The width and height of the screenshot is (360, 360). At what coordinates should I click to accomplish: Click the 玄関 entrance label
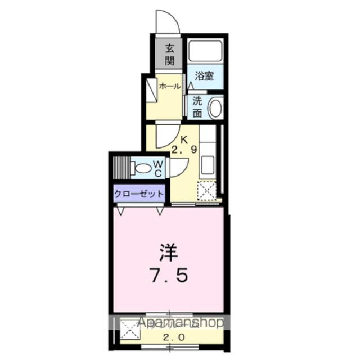tap(169, 55)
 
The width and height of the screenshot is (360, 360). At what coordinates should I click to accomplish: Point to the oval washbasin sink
tap(215, 108)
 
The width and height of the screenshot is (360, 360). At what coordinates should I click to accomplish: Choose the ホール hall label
tap(169, 86)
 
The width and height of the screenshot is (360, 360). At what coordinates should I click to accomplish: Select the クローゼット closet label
tap(139, 193)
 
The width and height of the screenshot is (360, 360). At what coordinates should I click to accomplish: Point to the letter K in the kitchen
tap(183, 139)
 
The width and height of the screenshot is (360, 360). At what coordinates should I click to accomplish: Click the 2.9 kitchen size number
tap(184, 150)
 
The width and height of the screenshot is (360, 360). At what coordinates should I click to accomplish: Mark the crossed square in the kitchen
tap(207, 192)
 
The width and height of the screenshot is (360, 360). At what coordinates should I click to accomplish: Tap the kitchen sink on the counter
tap(208, 165)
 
